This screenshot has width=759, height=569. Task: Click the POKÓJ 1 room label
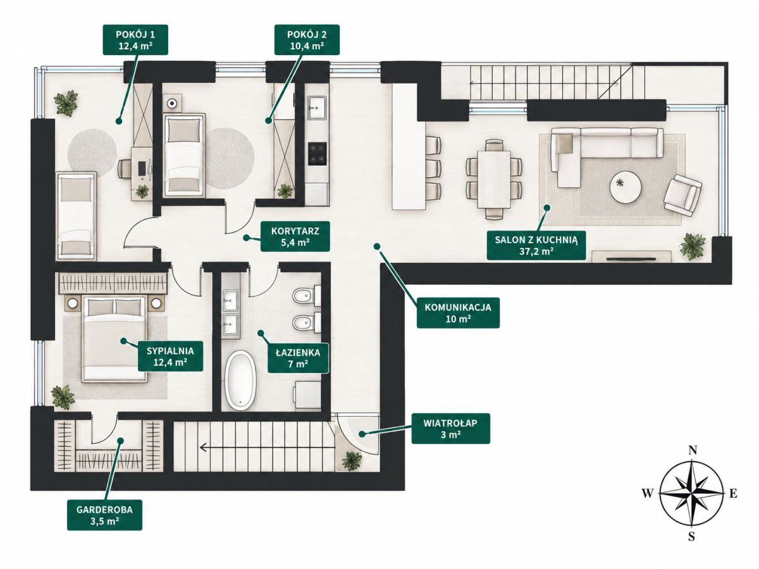pos(135,40)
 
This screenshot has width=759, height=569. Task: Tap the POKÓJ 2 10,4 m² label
pos(307,40)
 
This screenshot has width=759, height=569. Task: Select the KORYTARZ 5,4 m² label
pos(295,236)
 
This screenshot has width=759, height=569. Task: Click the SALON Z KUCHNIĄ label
pos(536,245)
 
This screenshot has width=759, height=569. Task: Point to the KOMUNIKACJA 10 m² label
pos(458,312)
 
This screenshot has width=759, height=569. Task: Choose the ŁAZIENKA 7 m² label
pos(298,358)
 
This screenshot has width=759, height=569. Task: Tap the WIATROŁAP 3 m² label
pos(450,429)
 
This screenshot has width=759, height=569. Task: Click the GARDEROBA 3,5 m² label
pos(104,515)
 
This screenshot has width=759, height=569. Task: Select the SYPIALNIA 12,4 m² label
pos(170,356)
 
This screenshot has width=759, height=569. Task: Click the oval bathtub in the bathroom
pos(242,381)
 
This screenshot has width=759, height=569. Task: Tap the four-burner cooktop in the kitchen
pos(318,153)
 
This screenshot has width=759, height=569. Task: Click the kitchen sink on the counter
pos(317,107)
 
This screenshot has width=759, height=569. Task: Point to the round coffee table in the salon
pos(625,187)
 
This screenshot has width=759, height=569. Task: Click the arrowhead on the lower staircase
pos(204,448)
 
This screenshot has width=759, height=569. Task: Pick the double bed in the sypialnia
pos(114,340)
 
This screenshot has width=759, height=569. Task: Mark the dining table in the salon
pos(494,180)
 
